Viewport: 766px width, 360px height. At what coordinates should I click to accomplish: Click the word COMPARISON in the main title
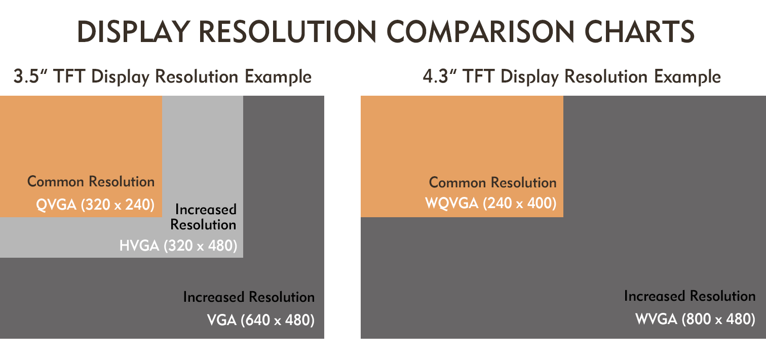pos(480,31)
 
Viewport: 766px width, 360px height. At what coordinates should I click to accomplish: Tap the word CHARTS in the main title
pos(639,31)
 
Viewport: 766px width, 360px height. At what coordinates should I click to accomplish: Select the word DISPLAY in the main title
pos(134,31)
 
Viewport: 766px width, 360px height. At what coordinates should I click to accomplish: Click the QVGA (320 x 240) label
pos(95,205)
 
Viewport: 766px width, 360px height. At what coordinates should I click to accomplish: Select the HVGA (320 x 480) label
pos(178,246)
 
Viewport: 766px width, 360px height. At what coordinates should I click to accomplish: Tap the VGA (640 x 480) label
pos(260,320)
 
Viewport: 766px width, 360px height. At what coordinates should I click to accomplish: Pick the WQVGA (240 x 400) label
pos(491,203)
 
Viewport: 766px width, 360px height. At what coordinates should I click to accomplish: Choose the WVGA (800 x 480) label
pos(695,319)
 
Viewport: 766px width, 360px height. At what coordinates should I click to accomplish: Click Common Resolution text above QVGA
pos(91,182)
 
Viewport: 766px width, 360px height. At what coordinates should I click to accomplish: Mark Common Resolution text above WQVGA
pos(493,183)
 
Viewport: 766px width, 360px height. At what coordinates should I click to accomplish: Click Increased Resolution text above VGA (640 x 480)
pos(249,297)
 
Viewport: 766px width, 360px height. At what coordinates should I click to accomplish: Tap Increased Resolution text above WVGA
pos(690,296)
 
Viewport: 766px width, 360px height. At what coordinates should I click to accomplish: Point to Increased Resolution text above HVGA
pos(204,217)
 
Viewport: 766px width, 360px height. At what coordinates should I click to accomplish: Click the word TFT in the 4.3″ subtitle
pos(478,76)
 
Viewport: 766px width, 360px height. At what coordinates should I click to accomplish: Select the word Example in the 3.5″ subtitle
pos(278,76)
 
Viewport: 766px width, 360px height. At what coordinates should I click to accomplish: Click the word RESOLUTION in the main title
pos(288,31)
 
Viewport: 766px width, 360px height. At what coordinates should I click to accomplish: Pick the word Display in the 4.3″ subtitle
pos(529,76)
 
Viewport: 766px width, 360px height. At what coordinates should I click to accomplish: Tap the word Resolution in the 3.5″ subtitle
pos(197,76)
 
